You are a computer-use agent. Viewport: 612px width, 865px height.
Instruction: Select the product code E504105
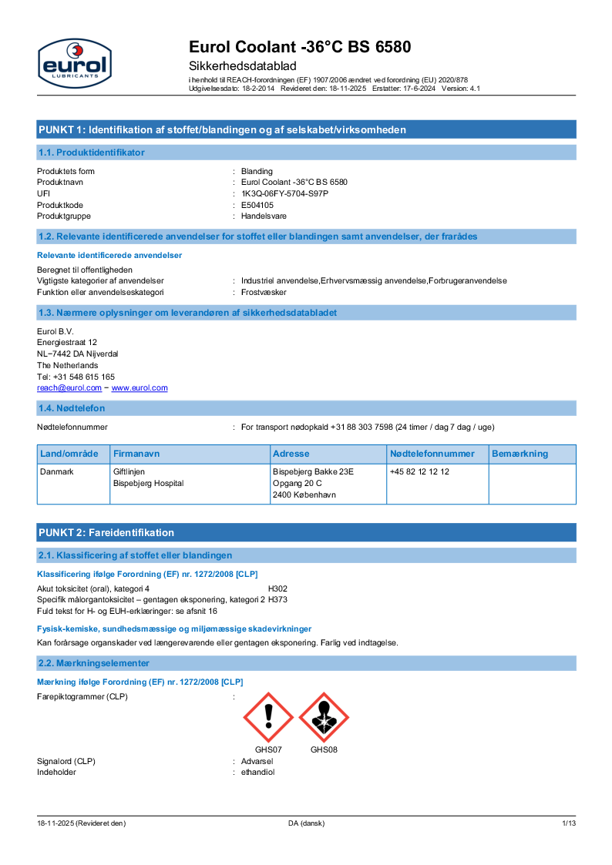[x=257, y=205]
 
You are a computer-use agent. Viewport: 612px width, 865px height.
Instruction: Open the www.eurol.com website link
[x=140, y=388]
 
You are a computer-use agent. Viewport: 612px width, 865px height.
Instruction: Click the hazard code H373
[x=277, y=598]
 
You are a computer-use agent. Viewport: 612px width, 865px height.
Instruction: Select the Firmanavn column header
[x=136, y=454]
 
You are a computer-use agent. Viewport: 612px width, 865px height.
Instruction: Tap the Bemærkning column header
[x=520, y=454]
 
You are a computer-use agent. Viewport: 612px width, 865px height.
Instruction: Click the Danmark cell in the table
[x=57, y=471]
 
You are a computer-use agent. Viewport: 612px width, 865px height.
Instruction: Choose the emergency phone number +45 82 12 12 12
[x=419, y=471]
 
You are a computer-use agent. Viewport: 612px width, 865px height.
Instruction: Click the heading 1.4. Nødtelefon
[x=72, y=408]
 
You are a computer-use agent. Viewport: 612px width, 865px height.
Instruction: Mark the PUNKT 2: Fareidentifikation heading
[x=106, y=532]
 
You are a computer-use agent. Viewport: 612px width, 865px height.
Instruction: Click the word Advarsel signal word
[x=257, y=761]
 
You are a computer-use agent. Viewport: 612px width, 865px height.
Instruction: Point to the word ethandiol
[x=257, y=772]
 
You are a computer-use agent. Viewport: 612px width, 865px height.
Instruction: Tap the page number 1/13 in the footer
[x=568, y=823]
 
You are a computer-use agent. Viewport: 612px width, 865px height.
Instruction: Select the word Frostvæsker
[x=264, y=293]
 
